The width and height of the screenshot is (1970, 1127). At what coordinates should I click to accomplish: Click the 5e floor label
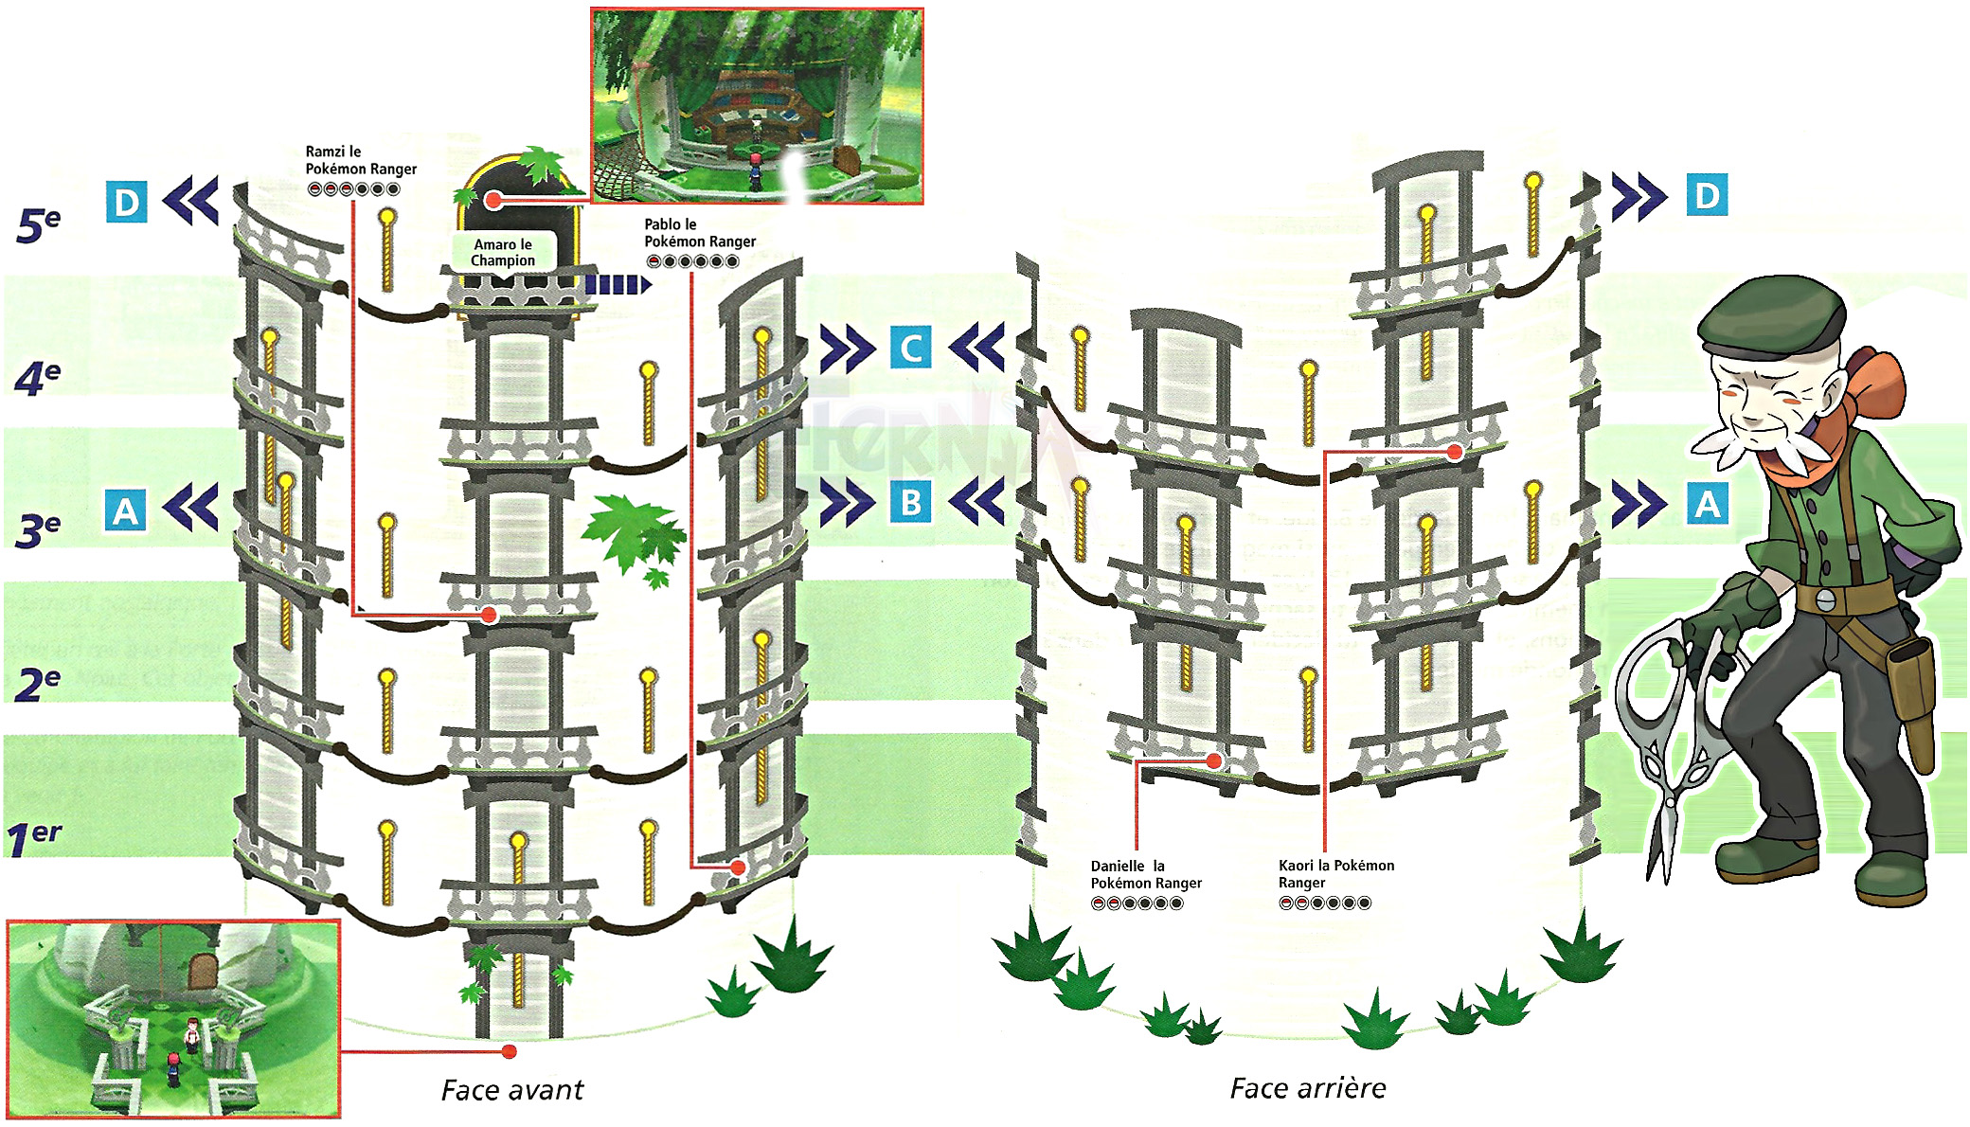(39, 225)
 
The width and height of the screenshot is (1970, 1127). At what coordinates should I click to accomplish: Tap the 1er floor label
(34, 838)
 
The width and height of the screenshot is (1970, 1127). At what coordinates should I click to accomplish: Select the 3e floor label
(39, 530)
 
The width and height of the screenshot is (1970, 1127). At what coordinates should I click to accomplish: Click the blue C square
(910, 348)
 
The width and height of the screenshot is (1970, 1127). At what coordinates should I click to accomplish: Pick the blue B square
(910, 502)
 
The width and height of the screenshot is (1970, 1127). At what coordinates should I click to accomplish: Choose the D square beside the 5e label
(126, 203)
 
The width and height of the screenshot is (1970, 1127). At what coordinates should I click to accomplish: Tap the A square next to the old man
(1707, 504)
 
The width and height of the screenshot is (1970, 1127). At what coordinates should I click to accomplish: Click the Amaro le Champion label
(502, 252)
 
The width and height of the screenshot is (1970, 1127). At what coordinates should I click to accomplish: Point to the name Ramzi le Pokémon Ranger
(360, 160)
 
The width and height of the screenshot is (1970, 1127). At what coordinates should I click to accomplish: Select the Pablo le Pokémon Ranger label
(699, 233)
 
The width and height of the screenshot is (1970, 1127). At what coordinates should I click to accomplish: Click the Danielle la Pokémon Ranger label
(1145, 874)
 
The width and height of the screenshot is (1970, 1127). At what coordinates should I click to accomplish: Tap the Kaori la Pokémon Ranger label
(1335, 873)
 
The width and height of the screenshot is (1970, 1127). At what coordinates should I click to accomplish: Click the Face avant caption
(512, 1090)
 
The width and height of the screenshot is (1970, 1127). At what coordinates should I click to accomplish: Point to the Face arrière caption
(1307, 1088)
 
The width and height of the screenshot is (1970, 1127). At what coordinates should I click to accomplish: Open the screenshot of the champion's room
(757, 105)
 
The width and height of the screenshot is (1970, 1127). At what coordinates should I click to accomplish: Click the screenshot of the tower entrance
(173, 1018)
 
